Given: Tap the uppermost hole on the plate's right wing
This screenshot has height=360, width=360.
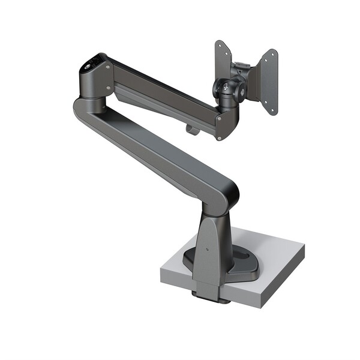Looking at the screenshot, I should tap(274, 53).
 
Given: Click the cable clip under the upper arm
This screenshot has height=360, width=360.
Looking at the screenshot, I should tap(191, 128).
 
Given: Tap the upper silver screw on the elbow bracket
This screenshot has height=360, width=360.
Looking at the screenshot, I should tap(109, 67).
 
